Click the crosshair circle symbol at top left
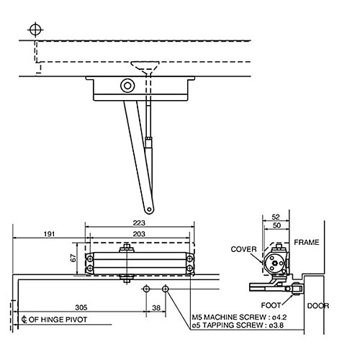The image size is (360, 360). pos(33,30)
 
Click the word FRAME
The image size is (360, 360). pos(305,243)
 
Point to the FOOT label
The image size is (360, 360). pos(281,305)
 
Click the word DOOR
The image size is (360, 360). pos(318,305)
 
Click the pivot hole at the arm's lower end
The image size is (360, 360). pos(149,210)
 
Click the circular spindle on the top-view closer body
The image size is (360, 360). pos(127,86)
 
